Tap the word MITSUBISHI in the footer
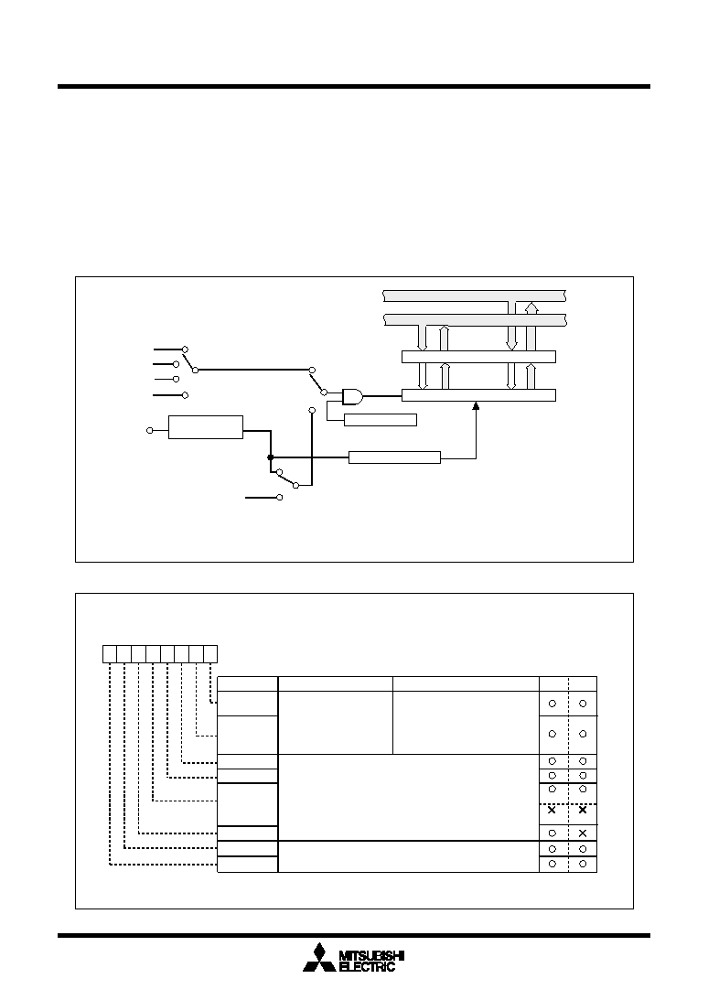pos(372,955)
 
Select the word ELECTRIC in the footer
pos(367,967)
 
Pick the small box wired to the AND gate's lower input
pos(381,420)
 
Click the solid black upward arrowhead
pos(475,406)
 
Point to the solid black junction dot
pos(271,457)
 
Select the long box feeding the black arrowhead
pos(394,457)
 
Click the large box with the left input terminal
pos(206,427)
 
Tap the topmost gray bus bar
pos(475,296)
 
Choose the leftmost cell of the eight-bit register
pos(110,653)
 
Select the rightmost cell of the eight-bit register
pos(210,653)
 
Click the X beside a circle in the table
pos(583,833)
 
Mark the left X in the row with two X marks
pos(552,810)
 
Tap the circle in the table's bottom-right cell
pos(583,864)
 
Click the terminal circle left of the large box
pos(150,431)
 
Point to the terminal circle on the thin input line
pos(176,380)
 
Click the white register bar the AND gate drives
pos(478,395)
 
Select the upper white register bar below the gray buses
pos(478,357)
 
